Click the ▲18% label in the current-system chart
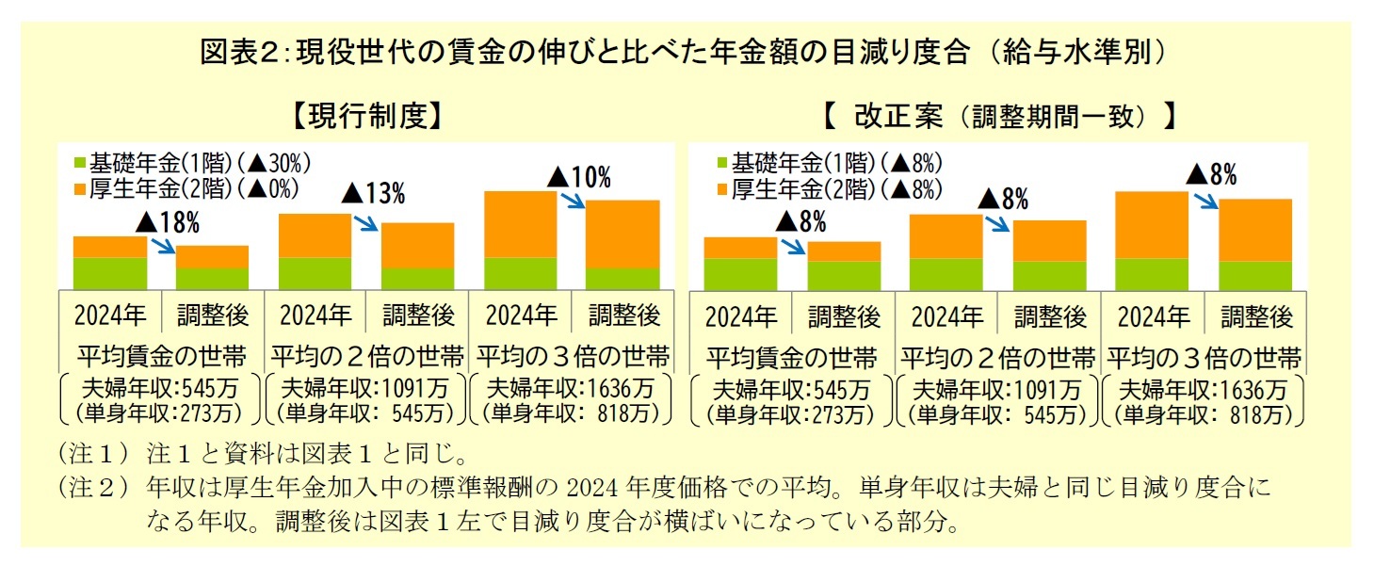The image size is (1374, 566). pyautogui.click(x=168, y=223)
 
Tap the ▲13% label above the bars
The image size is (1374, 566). pyautogui.click(x=373, y=194)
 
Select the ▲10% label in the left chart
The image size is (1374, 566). pyautogui.click(x=579, y=176)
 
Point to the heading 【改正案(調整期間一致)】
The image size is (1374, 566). pyautogui.click(x=997, y=116)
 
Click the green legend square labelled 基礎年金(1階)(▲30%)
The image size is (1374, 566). pyautogui.click(x=77, y=162)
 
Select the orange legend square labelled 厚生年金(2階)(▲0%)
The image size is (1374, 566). pyautogui.click(x=77, y=188)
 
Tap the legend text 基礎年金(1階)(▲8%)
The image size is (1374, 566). pyautogui.click(x=837, y=162)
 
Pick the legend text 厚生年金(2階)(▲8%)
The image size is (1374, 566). pyautogui.click(x=837, y=188)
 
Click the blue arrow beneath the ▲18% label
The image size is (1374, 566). pyautogui.click(x=164, y=246)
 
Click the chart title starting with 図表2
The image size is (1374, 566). pyautogui.click(x=685, y=52)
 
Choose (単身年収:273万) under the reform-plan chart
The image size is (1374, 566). pyautogui.click(x=791, y=412)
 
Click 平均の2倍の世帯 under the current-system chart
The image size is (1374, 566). pyautogui.click(x=366, y=357)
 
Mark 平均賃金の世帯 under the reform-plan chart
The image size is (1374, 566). pyautogui.click(x=791, y=358)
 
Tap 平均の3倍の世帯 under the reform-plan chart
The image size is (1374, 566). pyautogui.click(x=1203, y=358)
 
